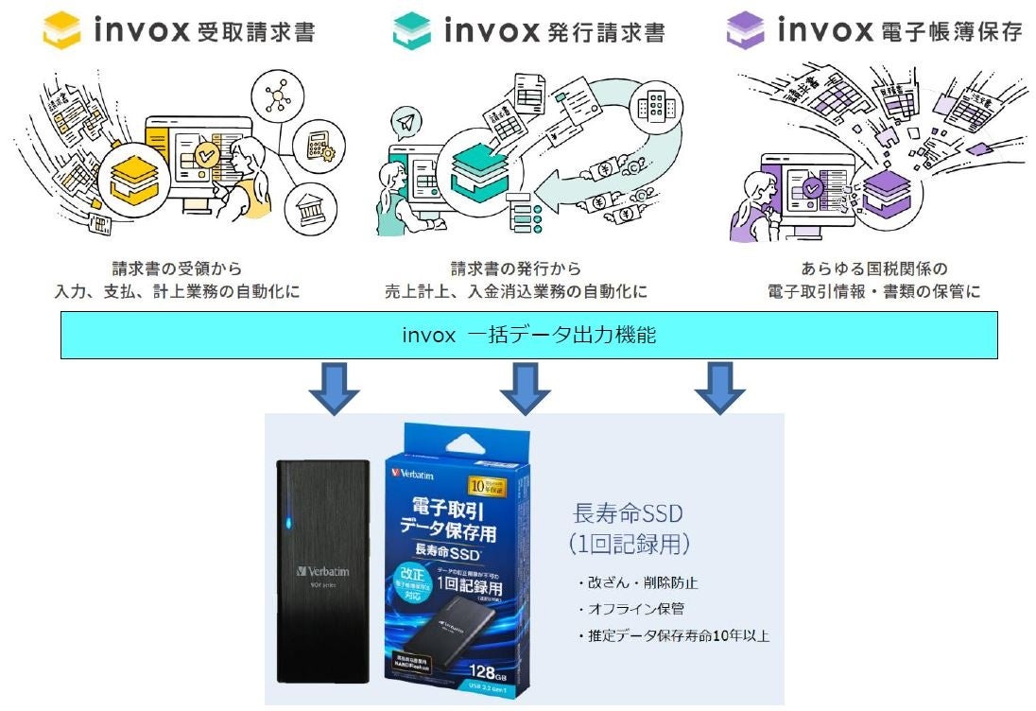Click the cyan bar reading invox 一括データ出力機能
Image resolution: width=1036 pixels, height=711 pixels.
[x=528, y=336]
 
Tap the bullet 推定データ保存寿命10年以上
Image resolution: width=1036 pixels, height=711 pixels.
[x=672, y=636]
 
